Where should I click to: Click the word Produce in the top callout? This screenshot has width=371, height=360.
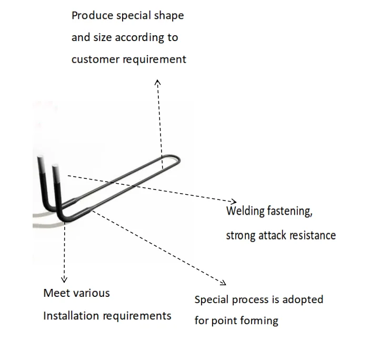pos(88,15)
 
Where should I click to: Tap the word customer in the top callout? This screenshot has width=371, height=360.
pos(96,59)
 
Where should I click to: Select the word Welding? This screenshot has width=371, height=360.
pos(245,212)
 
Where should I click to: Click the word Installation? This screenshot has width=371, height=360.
pos(71,316)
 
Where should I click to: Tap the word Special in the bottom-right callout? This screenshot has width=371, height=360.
pos(210,300)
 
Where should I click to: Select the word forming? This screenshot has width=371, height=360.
pos(260,321)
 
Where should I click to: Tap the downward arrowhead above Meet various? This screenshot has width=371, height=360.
pos(64,279)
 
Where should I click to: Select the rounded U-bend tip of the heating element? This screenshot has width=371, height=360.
pos(176,161)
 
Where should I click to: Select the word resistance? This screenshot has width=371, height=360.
pos(313,235)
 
